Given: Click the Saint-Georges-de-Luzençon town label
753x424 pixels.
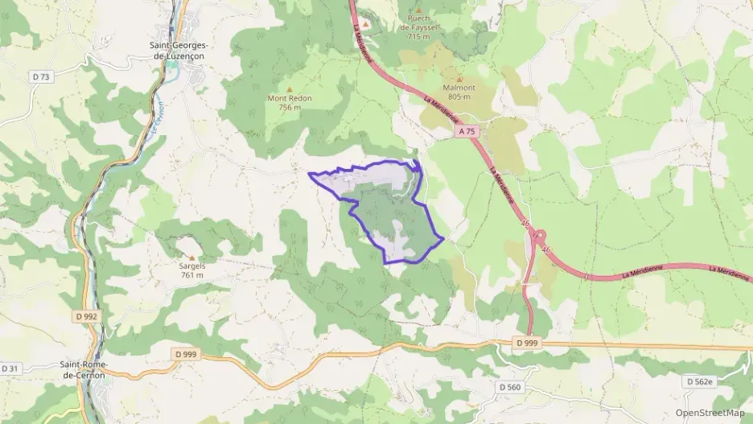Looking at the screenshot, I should click(179, 51).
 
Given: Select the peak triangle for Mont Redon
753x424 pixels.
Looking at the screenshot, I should click(290, 89).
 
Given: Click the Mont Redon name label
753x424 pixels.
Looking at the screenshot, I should click(290, 98).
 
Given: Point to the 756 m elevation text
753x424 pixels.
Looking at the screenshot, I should click(290, 107).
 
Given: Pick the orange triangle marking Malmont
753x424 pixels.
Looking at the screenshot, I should click(459, 80).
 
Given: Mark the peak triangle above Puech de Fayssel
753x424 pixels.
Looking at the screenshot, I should click(418, 9).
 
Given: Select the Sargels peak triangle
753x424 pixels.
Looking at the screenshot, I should click(191, 257).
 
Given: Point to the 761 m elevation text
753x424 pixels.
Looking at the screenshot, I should click(192, 275).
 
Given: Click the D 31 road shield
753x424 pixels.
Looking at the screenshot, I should click(10, 368).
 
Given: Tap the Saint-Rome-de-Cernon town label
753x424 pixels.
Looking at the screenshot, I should click(84, 369).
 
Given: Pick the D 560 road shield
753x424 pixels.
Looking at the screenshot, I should click(511, 387).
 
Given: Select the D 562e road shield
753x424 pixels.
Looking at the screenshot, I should click(701, 381).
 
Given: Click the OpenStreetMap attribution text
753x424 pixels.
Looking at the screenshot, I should click(710, 413).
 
